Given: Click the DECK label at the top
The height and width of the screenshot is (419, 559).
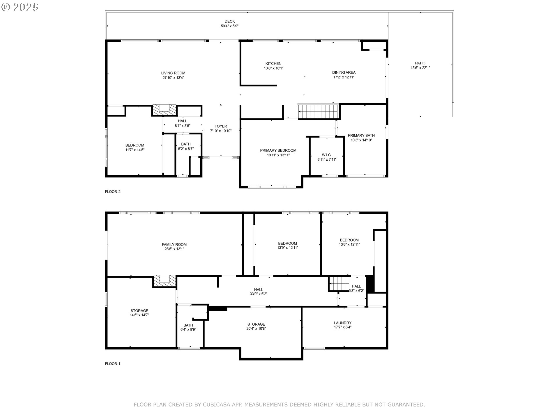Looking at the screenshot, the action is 230,21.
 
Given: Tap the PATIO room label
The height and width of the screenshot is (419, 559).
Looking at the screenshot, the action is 420,63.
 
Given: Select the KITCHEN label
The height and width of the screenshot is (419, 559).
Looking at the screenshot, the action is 273,63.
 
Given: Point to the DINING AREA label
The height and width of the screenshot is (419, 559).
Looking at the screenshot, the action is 344,72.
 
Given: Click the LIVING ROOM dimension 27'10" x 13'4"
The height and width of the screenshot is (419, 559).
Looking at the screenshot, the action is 173,78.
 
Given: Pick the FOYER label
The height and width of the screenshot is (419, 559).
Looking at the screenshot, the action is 221,126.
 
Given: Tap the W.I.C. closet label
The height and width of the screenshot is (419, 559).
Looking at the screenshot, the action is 327,155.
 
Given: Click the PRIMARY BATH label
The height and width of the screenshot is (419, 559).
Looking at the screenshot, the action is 361,135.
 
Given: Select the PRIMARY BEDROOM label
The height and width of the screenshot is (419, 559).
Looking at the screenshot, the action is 278,150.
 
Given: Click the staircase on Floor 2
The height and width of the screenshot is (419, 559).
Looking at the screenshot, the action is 319,111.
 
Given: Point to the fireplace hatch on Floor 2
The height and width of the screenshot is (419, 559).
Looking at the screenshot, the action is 165,110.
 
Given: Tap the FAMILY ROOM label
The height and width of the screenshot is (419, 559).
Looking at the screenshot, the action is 174,244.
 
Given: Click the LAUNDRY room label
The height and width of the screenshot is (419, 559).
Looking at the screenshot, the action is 343,323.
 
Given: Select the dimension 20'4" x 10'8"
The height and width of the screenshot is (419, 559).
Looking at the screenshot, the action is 256,329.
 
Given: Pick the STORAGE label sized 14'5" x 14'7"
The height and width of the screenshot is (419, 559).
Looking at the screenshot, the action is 139,311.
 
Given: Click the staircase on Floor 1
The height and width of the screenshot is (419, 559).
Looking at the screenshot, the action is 339,284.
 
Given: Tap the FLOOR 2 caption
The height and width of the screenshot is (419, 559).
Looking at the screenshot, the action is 113,191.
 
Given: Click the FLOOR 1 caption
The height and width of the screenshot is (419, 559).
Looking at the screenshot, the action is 113,363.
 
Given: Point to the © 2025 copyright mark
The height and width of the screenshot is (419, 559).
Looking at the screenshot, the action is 20,7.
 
